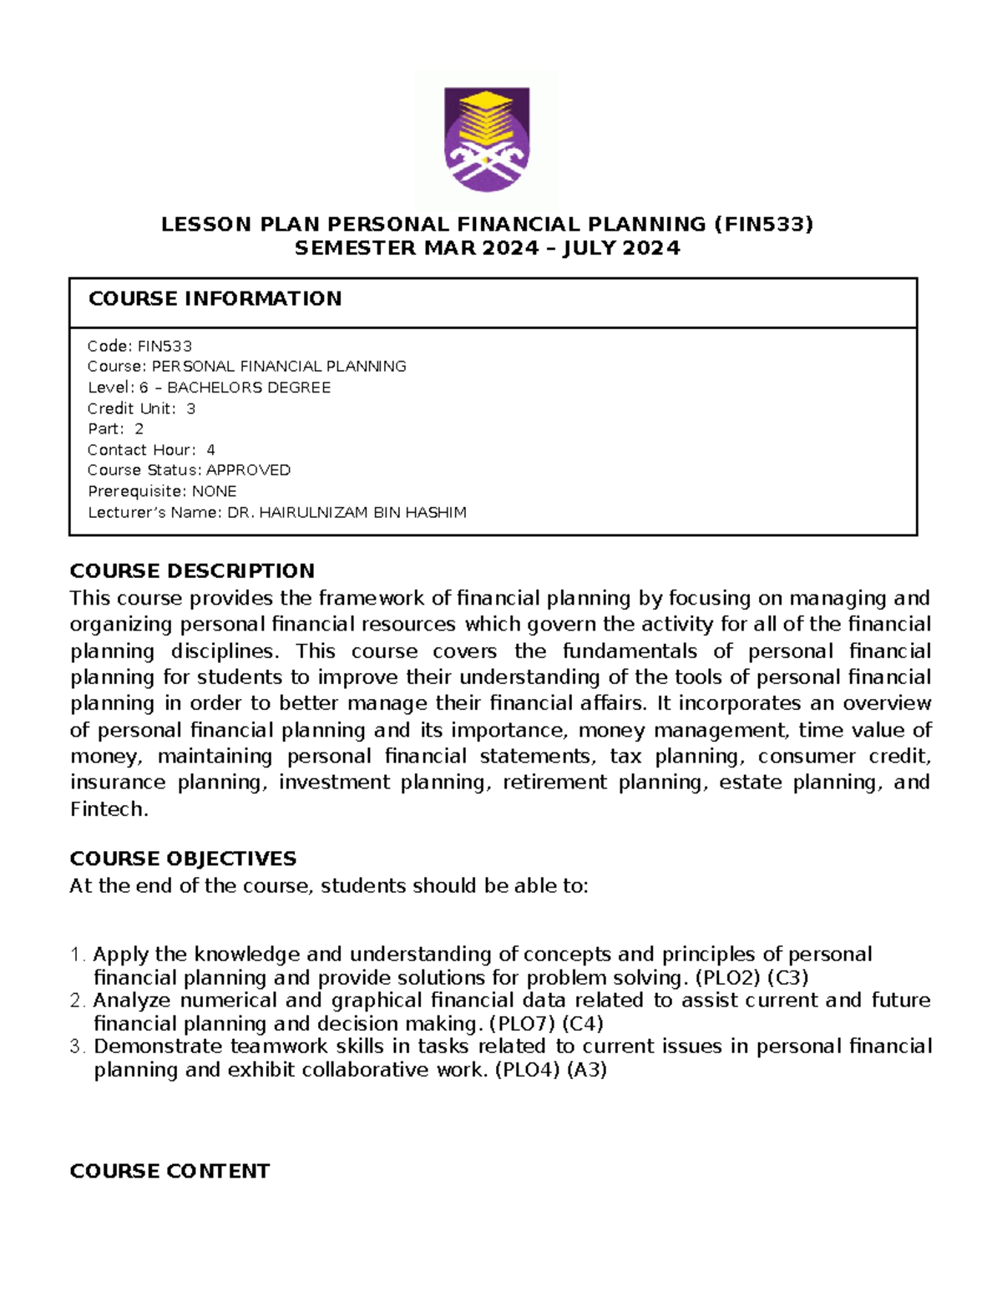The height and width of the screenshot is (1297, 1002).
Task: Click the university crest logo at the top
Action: (487, 139)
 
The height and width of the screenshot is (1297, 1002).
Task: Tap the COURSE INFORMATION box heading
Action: (215, 299)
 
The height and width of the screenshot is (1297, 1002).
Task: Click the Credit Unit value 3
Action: (191, 408)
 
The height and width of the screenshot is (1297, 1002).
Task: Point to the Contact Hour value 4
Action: (210, 449)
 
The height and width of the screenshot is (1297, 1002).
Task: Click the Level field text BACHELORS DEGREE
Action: (249, 388)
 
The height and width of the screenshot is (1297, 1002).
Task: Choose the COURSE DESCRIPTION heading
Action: (192, 571)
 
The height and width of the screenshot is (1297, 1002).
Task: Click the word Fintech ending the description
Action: (108, 809)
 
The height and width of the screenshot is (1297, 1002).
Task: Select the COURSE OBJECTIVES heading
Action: (183, 859)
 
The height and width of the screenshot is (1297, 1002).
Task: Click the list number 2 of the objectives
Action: (77, 1001)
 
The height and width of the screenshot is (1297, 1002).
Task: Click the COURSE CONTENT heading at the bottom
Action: (170, 1171)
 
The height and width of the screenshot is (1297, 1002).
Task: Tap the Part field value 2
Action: (139, 429)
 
